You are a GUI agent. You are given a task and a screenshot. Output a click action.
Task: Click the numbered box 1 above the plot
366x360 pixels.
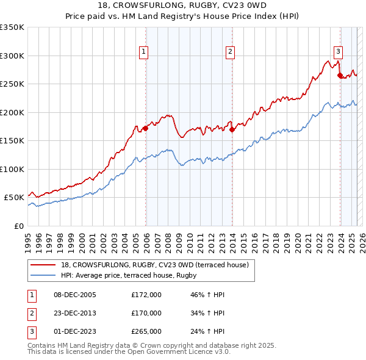pos(144,52)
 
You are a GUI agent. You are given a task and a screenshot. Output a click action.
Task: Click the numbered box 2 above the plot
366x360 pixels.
pos(231,52)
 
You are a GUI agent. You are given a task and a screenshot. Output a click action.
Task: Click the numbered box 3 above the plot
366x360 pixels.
pos(338,52)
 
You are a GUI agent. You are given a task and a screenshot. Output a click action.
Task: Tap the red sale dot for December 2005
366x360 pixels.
pos(146,128)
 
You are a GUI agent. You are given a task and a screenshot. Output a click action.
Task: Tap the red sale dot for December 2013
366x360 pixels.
pos(232,129)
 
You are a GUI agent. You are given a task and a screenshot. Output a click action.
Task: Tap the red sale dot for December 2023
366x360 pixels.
pos(340,76)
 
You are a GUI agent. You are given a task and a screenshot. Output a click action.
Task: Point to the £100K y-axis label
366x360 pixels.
pos(12,169)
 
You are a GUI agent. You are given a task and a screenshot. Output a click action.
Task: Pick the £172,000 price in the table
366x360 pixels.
pos(146,295)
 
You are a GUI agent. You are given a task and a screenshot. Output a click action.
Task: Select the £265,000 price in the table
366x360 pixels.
pos(146,331)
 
